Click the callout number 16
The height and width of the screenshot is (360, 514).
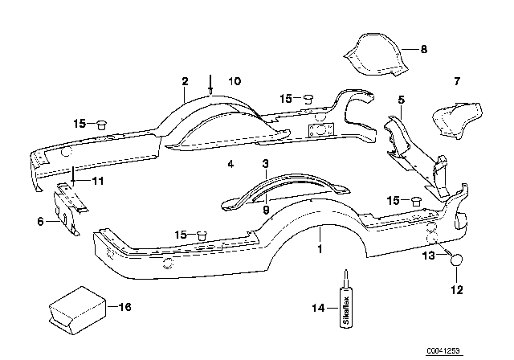[124, 307]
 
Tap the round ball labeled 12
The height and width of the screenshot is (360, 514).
[458, 261]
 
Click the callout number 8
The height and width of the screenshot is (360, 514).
[425, 49]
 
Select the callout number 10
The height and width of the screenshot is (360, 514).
[235, 81]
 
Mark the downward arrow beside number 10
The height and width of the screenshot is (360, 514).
[211, 83]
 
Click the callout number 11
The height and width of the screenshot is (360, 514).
[99, 182]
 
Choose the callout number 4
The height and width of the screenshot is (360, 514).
[230, 165]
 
